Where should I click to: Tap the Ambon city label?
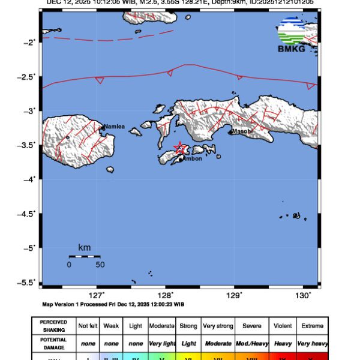click(x=193, y=158)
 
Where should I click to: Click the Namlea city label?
click(x=114, y=127)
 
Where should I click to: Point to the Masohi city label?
click(x=242, y=131)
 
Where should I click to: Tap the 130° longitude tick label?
click(x=304, y=295)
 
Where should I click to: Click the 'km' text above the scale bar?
click(x=84, y=247)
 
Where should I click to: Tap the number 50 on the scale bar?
click(x=100, y=265)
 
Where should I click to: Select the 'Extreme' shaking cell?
click(x=312, y=326)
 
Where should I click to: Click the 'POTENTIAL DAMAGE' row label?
click(x=53, y=344)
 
